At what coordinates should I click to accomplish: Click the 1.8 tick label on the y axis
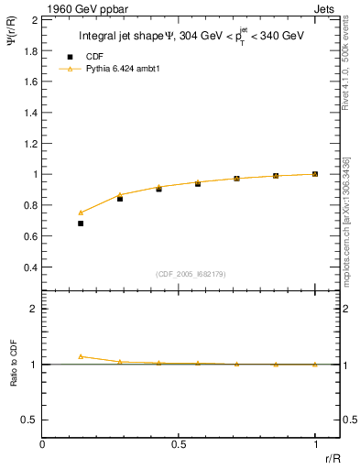pos(30,49)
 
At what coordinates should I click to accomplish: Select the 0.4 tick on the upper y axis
pos(30,267)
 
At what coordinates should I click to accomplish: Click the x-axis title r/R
pos(333,456)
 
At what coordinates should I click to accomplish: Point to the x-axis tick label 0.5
pos(179,443)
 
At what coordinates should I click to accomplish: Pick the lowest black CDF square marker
pos(81,223)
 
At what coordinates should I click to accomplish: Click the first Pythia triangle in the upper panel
pos(81,213)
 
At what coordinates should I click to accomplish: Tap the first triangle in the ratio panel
pos(81,356)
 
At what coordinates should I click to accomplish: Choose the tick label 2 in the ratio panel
pos(33,309)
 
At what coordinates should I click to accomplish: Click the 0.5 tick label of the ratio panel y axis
pos(29,420)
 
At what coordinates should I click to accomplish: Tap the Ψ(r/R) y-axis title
pos(13,39)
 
